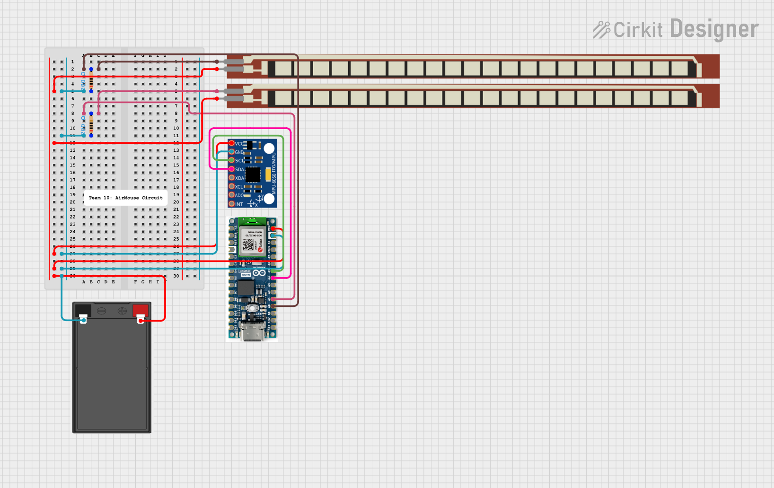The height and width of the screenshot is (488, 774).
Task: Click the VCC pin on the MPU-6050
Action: click(232, 143)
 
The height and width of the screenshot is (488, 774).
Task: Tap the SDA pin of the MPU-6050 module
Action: click(232, 169)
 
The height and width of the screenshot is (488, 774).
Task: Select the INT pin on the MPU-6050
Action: click(232, 204)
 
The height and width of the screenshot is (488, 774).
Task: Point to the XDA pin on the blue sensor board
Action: click(232, 178)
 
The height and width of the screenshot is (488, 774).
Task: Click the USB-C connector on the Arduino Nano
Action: click(253, 331)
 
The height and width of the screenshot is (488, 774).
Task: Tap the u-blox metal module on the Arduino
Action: click(252, 241)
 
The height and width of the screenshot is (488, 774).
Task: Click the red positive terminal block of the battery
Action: click(141, 310)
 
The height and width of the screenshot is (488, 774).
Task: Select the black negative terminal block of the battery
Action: click(83, 310)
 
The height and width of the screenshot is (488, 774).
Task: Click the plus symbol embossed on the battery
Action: click(122, 311)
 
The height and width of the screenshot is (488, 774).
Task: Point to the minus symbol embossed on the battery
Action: click(101, 311)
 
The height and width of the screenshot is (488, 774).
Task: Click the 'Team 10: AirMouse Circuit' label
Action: click(125, 198)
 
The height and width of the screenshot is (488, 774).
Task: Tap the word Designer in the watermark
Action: click(714, 29)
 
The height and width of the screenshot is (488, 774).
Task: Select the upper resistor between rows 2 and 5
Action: click(91, 80)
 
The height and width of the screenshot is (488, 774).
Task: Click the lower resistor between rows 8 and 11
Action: click(91, 125)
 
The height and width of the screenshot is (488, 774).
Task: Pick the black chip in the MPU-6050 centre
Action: click(253, 174)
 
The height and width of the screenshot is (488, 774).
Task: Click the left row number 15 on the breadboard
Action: click(72, 165)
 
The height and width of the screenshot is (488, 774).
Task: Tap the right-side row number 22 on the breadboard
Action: click(176, 217)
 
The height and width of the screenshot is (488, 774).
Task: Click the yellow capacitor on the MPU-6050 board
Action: click(268, 175)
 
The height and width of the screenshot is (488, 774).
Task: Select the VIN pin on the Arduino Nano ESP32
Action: click(273, 228)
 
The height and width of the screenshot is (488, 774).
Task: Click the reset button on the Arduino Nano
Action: click(253, 308)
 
